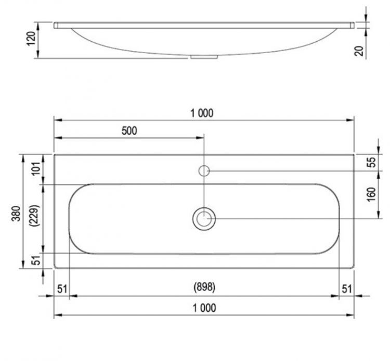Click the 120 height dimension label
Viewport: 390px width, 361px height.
pyautogui.click(x=31, y=39)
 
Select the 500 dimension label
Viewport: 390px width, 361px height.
pyautogui.click(x=129, y=131)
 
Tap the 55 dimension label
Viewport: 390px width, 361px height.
pyautogui.click(x=372, y=163)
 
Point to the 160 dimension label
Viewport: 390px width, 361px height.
pyautogui.click(x=371, y=194)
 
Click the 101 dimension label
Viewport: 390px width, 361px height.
pyautogui.click(x=36, y=169)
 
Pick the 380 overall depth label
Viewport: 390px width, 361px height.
pyautogui.click(x=16, y=214)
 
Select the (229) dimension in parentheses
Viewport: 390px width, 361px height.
pyautogui.click(x=34, y=216)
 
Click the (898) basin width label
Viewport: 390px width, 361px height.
pyautogui.click(x=204, y=287)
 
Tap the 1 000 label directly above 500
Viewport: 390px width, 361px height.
pyautogui.click(x=202, y=114)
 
